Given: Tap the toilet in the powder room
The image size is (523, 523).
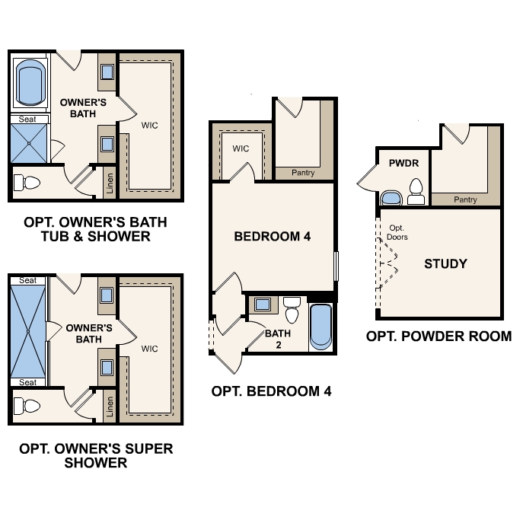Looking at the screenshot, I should coord(416,192).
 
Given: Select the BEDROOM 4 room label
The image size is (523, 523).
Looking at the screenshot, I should coord(272,237).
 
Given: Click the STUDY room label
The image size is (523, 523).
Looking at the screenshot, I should coord(445,264).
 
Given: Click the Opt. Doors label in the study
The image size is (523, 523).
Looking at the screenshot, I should coord(397,232).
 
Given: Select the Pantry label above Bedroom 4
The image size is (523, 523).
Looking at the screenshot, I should coord(303,173).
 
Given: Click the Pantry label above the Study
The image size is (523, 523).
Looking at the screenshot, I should coord(464,199).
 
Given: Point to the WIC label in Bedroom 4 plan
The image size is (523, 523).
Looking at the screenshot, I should coord(241,148).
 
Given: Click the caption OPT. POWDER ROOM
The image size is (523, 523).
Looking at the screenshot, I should coord(438,336).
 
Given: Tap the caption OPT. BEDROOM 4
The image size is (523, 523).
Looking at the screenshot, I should coord(272,392).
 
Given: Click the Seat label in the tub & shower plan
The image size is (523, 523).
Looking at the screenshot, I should coord(27,120).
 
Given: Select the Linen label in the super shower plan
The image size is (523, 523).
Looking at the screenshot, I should coord(110,407).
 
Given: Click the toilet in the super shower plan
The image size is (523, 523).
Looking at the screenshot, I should coord(29,405).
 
